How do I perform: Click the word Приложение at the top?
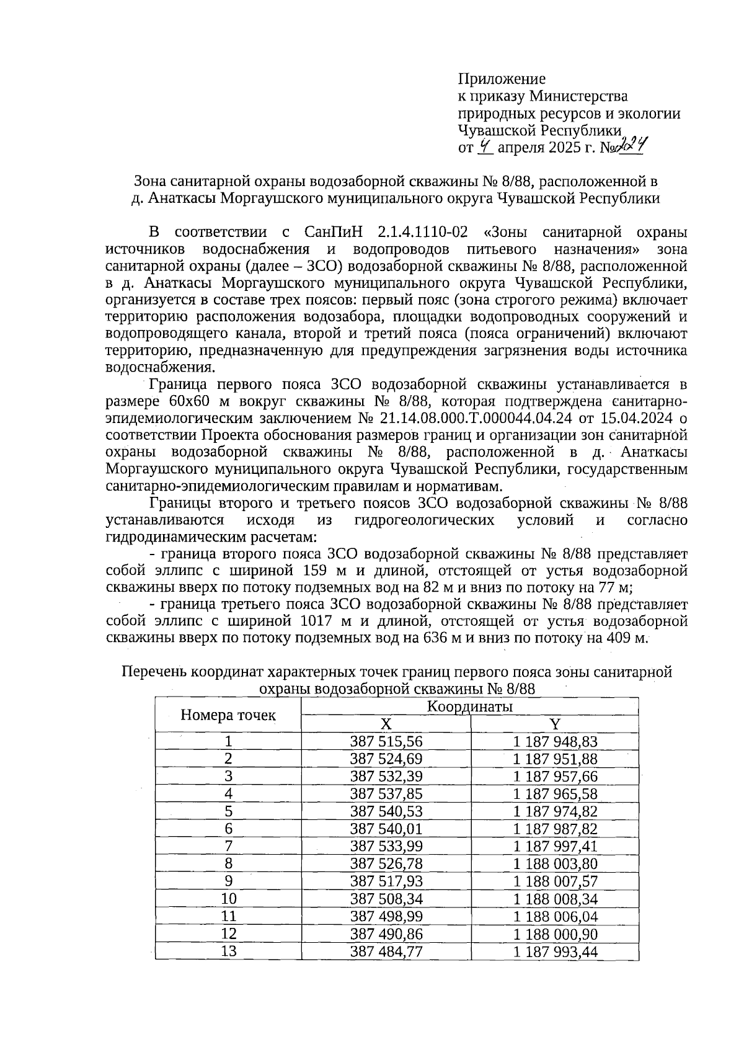[502, 79]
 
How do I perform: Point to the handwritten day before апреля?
[485, 147]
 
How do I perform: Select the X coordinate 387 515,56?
[386, 741]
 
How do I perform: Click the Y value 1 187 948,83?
[555, 741]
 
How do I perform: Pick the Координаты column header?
[469, 706]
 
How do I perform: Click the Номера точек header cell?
[228, 715]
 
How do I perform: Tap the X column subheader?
[386, 724]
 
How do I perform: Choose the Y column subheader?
[555, 724]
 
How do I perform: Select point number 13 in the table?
[228, 950]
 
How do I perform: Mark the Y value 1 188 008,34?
[555, 898]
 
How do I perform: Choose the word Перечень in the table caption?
[154, 672]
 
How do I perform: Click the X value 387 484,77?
[386, 950]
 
